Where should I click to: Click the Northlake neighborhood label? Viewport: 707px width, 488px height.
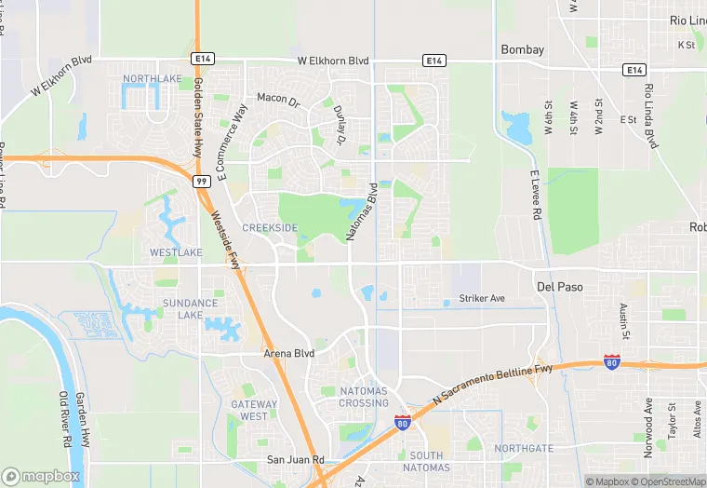point(152,79)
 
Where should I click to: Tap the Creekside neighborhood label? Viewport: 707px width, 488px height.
point(270,228)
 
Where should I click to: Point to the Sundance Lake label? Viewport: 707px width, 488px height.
point(190,309)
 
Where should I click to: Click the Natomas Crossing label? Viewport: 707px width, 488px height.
point(364,397)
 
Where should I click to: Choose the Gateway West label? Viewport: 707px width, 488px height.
point(254,411)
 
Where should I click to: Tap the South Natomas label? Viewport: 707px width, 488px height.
point(428,461)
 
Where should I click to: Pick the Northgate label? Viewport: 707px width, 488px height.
point(523,448)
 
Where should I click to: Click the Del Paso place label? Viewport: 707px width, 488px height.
point(560,287)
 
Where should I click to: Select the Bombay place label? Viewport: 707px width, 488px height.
point(522,49)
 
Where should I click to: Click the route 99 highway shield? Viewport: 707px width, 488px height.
point(201,182)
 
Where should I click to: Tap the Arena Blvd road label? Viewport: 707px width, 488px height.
point(290,354)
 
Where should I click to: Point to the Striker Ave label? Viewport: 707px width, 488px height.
point(482,299)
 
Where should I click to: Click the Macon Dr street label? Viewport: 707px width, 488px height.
point(278,99)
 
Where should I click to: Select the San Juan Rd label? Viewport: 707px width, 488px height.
point(295,460)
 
